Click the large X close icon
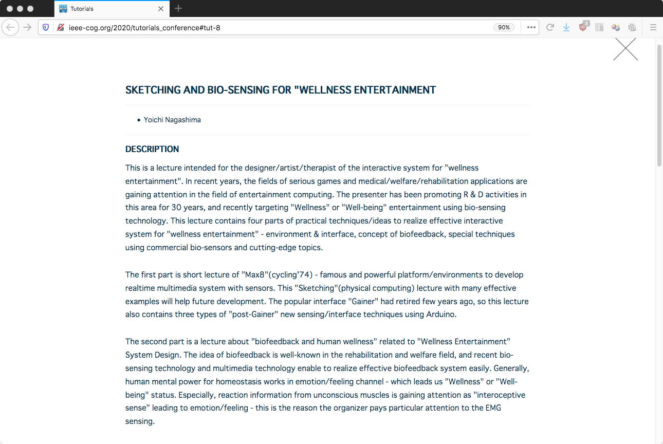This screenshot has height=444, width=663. coord(625,49)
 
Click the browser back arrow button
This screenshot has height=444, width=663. coord(10,27)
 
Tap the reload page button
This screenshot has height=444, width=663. coord(550,27)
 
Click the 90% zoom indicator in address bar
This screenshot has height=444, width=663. coord(504,27)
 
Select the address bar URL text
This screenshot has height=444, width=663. coord(144,27)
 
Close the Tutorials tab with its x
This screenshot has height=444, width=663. coord(161,9)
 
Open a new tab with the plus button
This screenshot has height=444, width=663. coord(178,8)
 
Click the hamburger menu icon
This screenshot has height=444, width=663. coord(653,27)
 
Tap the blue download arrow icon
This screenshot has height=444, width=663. coord(566,27)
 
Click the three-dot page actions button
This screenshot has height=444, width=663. coord(531,27)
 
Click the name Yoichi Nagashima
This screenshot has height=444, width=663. coord(172,120)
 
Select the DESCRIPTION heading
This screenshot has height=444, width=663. coord(152,149)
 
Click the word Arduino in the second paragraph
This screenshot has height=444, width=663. coord(440,314)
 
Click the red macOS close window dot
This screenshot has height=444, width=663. coord(9,9)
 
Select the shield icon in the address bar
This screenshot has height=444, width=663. coord(46,27)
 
